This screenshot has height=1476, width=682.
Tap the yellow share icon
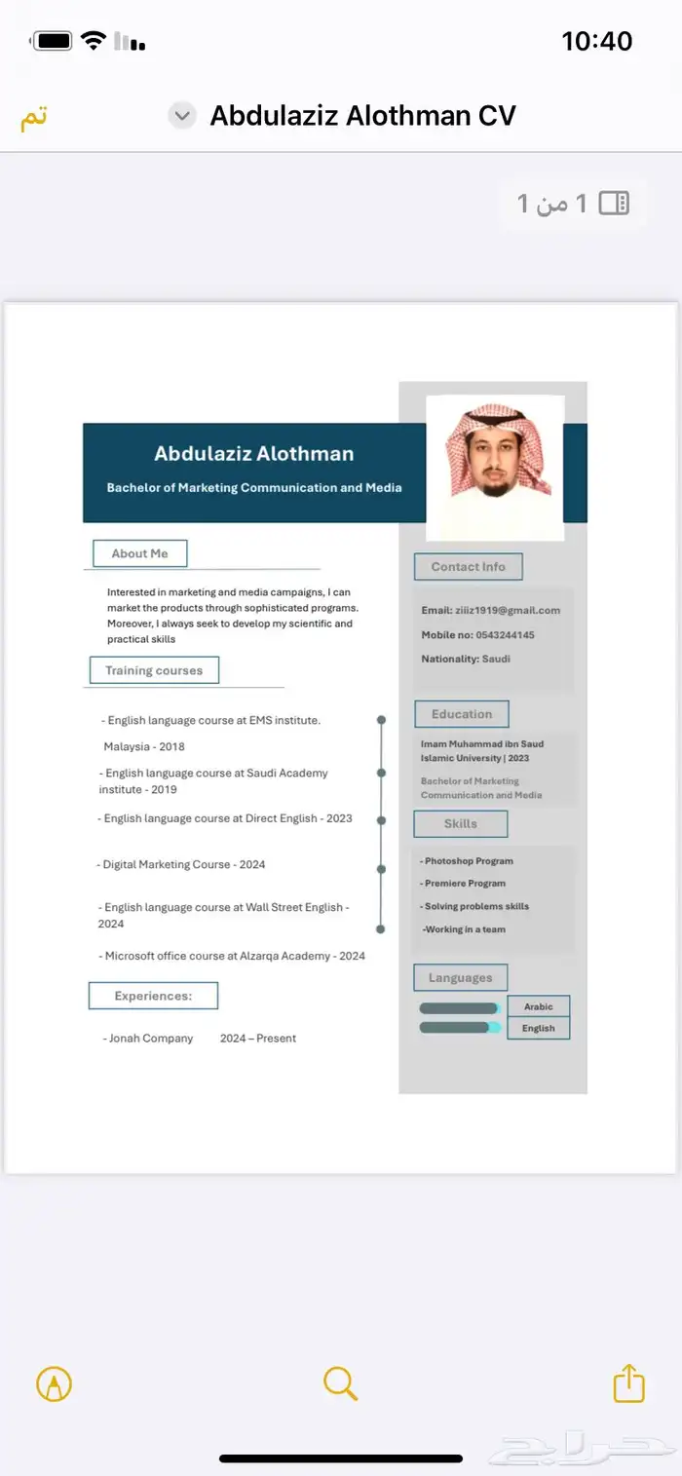click(x=628, y=1382)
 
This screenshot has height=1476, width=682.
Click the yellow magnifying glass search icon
click(x=340, y=1382)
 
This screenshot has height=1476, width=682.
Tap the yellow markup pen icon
click(x=54, y=1383)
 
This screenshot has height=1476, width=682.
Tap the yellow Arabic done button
click(x=34, y=117)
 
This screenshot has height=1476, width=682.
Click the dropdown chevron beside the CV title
click(x=182, y=116)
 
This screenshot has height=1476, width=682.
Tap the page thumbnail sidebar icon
click(x=614, y=203)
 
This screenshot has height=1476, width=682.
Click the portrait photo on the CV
click(x=496, y=467)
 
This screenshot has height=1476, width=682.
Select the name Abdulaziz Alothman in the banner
click(x=253, y=453)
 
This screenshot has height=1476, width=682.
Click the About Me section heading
click(x=139, y=553)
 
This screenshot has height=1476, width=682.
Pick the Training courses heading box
click(x=154, y=670)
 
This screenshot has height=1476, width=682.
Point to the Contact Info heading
click(x=469, y=567)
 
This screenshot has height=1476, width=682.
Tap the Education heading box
click(x=462, y=714)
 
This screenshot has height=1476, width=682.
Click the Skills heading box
click(x=461, y=823)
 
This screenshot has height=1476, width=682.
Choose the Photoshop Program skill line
click(x=469, y=861)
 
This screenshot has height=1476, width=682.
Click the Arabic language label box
click(x=538, y=1006)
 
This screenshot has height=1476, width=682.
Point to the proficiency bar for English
click(x=459, y=1027)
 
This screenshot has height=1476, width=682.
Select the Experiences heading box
click(x=153, y=996)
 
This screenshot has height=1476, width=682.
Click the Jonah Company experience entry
click(x=148, y=1039)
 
